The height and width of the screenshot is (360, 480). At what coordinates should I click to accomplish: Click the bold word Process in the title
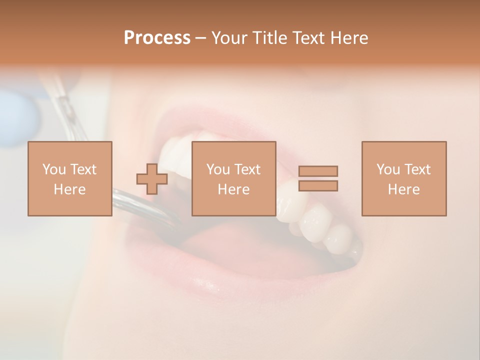[x=157, y=38]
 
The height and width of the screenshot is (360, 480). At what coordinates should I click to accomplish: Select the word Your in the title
[x=228, y=38]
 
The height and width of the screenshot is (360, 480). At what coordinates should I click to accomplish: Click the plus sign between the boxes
[x=152, y=178]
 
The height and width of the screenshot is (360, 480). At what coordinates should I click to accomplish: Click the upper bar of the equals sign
[x=318, y=171]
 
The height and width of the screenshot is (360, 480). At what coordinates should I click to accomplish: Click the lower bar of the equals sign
[x=318, y=186]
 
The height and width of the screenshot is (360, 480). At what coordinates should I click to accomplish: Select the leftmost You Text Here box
[x=69, y=178]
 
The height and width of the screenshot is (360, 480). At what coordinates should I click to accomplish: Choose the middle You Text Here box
[x=233, y=178]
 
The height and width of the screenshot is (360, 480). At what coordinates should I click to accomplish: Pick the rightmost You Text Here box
[x=403, y=178]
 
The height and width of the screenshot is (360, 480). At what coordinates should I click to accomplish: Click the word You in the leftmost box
[x=53, y=169]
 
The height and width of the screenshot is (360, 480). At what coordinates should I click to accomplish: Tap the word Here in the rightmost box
[x=403, y=189]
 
